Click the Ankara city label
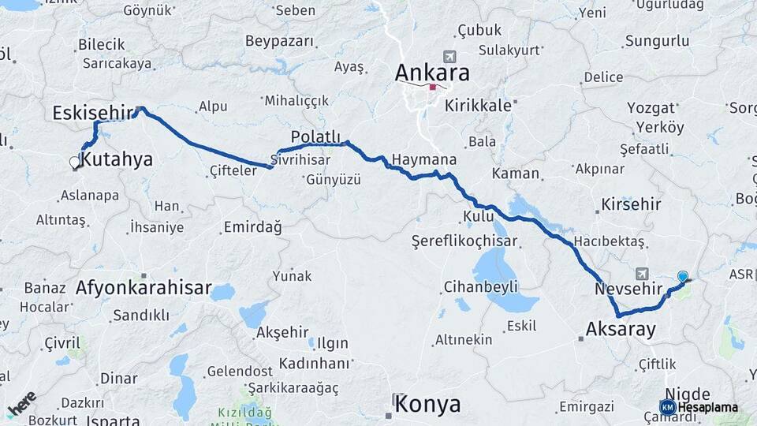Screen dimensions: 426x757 tap(432, 73)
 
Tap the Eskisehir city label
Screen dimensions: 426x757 tap(92, 113)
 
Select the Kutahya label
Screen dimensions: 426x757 tap(117, 160)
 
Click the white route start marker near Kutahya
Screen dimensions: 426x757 tap(75, 163)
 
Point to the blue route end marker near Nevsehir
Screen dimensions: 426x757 tap(683, 277)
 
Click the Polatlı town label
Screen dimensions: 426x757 tap(315, 136)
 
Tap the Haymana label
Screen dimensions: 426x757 tap(423, 159)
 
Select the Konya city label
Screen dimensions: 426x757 tap(427, 405)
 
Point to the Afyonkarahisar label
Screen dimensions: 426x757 tap(144, 288)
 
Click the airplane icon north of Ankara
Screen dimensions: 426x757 tap(449, 57)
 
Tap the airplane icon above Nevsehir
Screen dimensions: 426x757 tap(641, 273)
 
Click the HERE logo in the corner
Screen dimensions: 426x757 tap(22, 402)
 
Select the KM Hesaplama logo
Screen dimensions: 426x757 tap(699, 407)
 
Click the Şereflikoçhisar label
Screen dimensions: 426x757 tap(464, 240)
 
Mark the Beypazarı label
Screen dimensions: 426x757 tap(279, 40)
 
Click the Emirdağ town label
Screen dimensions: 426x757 tap(252, 227)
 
